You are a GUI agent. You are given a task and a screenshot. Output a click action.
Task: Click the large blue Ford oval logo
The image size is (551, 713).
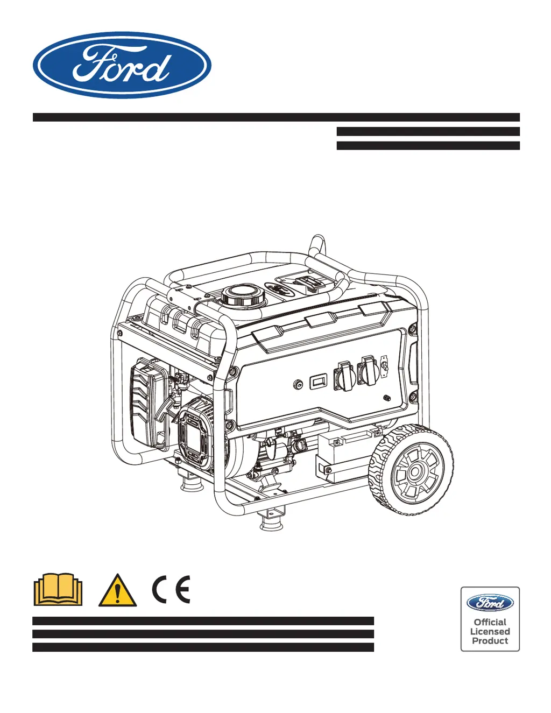(122, 65)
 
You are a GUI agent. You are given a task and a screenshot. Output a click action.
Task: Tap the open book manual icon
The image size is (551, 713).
(58, 590)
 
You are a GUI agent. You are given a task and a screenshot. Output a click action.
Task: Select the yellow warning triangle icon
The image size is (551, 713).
(117, 591)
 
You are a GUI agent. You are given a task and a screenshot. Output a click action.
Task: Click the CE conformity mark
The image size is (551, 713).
(171, 589)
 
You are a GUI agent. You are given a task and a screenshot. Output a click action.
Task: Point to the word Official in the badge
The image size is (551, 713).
(490, 622)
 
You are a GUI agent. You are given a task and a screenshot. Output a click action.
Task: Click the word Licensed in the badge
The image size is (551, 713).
(490, 632)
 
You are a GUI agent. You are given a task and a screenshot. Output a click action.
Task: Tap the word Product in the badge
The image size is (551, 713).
(490, 641)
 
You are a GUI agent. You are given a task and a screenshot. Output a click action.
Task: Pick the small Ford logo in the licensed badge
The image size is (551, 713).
(490, 603)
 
